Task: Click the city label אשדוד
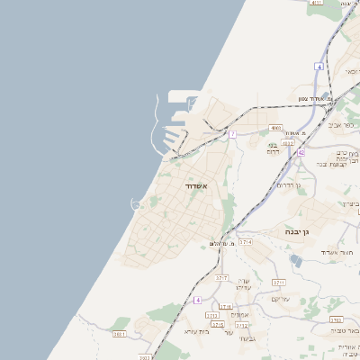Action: [x=196, y=185]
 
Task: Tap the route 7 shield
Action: [x=231, y=134]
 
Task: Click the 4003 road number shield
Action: [x=275, y=128]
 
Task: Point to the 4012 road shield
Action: [x=288, y=142]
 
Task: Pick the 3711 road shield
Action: [x=279, y=282]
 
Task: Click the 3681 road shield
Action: [x=119, y=334]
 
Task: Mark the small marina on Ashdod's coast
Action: [x=135, y=205]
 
